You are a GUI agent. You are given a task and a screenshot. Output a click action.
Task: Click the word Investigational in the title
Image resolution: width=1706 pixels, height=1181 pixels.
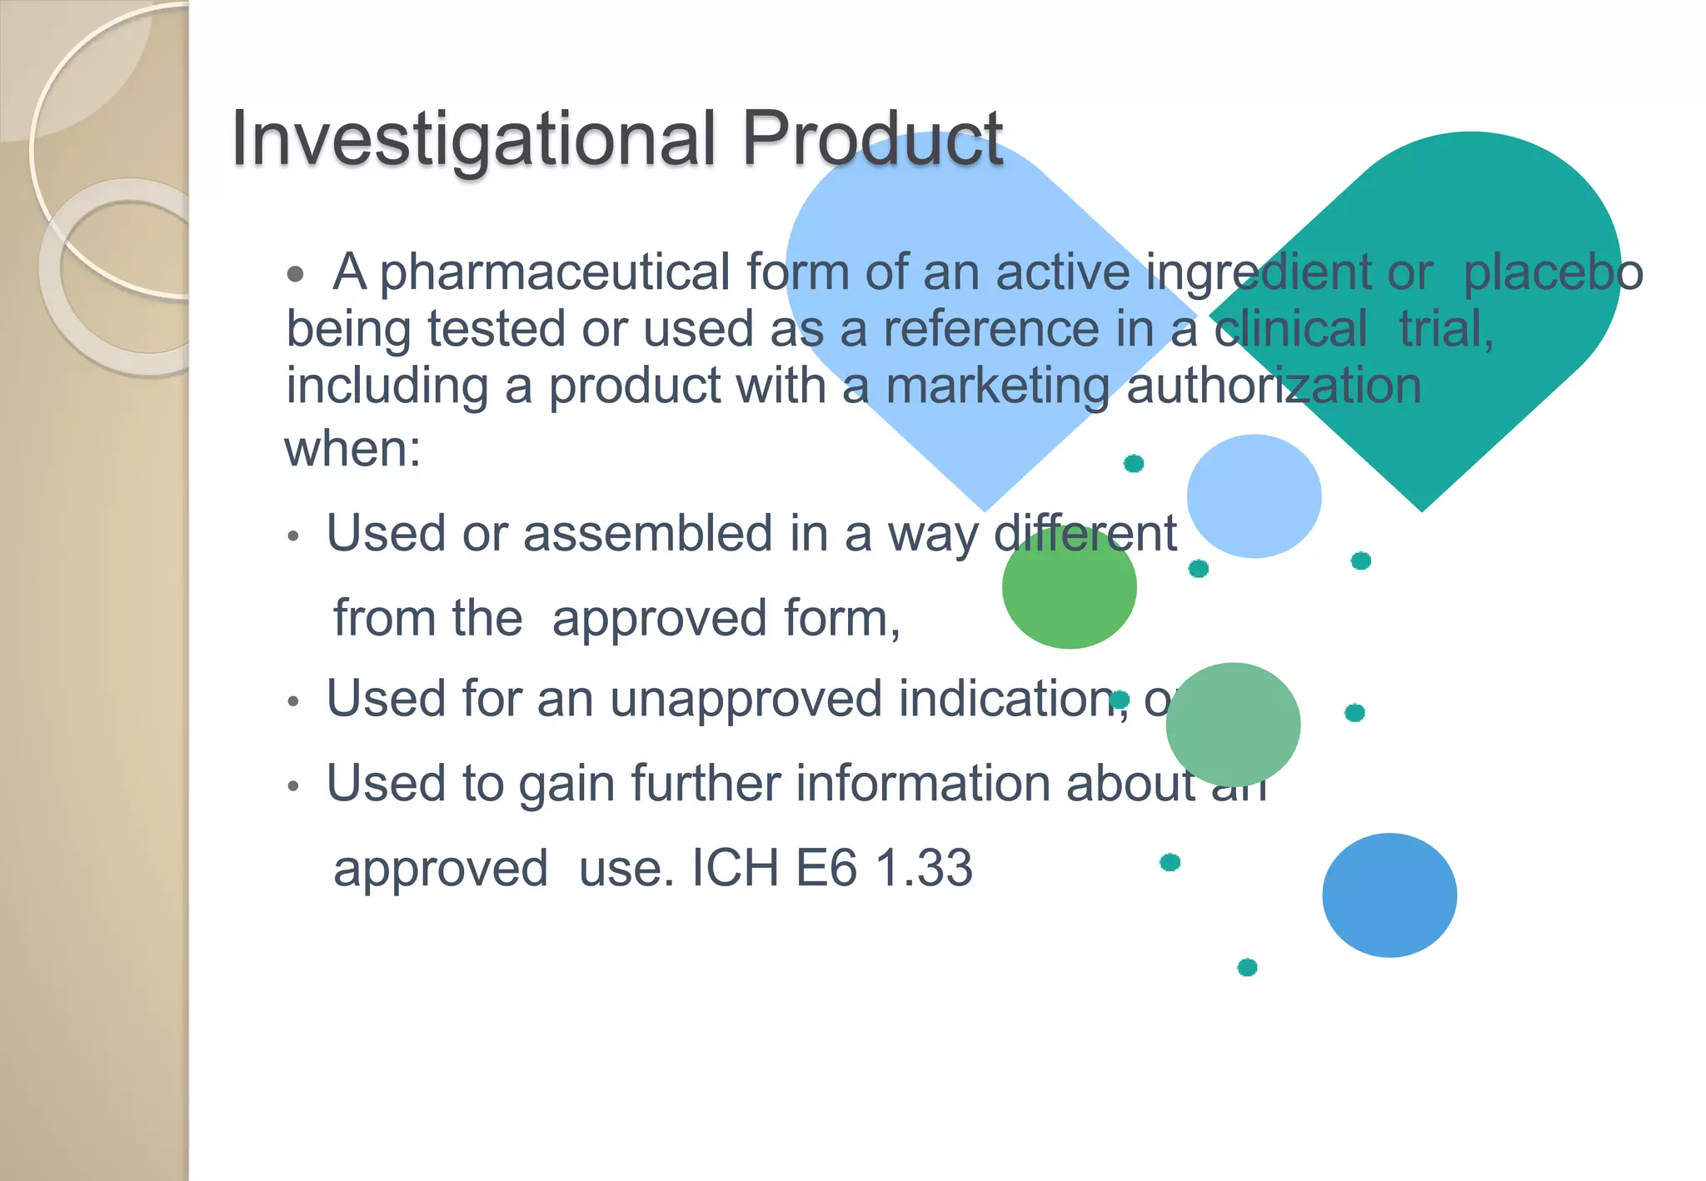472,138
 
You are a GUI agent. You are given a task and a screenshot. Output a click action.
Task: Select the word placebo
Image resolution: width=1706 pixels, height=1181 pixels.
1553,273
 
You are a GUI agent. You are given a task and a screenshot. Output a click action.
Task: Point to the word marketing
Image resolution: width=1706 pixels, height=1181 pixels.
997,386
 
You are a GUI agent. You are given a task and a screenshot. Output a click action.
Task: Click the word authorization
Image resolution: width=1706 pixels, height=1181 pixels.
1274,386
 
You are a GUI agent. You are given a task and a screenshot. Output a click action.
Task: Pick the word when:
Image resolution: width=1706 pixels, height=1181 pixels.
352,450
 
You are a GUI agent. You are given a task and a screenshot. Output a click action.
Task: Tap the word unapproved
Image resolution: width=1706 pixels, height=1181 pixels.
746,699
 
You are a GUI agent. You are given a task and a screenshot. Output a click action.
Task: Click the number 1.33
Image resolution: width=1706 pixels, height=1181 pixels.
925,869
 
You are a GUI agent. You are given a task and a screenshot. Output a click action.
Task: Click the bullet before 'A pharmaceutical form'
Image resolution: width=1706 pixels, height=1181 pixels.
295,275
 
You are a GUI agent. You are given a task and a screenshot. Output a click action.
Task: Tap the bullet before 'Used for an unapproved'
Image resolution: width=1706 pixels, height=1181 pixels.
292,702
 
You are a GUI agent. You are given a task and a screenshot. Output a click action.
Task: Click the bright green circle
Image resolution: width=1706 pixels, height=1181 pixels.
1069,588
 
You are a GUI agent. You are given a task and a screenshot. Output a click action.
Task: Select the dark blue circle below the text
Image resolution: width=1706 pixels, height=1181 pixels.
1389,895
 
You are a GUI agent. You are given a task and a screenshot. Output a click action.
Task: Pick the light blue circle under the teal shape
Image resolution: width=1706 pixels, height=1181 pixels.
1254,496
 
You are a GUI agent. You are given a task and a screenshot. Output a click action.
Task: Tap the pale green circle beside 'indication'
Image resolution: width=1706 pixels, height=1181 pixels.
1233,725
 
